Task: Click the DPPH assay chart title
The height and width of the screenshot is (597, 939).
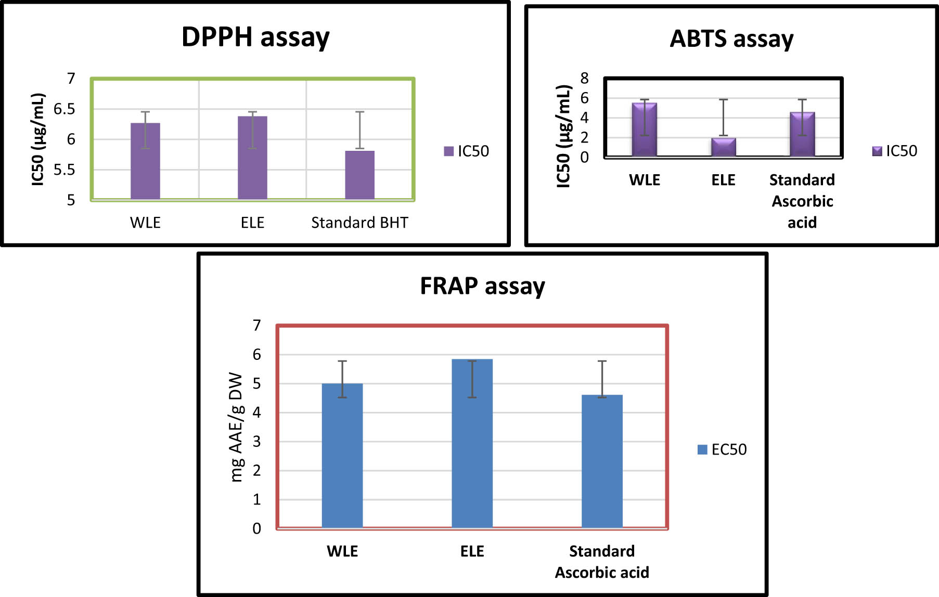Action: [x=255, y=37]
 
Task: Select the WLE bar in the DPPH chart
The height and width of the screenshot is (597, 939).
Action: [x=145, y=161]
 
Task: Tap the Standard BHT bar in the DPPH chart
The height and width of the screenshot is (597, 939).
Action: [x=360, y=175]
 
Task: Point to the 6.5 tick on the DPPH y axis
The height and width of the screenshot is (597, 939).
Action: [x=65, y=109]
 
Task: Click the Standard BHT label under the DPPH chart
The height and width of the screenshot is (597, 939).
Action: [x=360, y=223]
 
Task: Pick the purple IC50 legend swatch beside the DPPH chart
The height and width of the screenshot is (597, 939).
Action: [x=448, y=151]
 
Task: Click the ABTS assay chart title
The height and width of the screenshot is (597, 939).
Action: [x=731, y=39]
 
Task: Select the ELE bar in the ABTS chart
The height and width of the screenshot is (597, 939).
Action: [x=724, y=147]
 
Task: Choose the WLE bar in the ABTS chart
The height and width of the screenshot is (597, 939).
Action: [x=645, y=129]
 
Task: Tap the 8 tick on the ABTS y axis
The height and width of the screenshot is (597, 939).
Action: [x=585, y=79]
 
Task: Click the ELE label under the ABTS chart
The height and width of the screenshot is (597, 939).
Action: [x=724, y=180]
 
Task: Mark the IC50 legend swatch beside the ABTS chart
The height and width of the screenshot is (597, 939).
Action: [x=877, y=151]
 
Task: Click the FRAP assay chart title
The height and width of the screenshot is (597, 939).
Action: [x=483, y=287]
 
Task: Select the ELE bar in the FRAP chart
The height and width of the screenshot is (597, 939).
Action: [x=472, y=444]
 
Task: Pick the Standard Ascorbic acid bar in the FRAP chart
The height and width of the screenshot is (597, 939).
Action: [x=602, y=461]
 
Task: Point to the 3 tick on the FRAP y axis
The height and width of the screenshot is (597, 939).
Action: [x=256, y=442]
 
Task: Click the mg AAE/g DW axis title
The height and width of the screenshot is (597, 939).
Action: [x=236, y=427]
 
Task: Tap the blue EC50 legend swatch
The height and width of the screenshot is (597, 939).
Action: [x=702, y=450]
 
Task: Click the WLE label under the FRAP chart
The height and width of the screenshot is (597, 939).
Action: [x=342, y=551]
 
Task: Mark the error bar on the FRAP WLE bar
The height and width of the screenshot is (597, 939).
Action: [x=342, y=379]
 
